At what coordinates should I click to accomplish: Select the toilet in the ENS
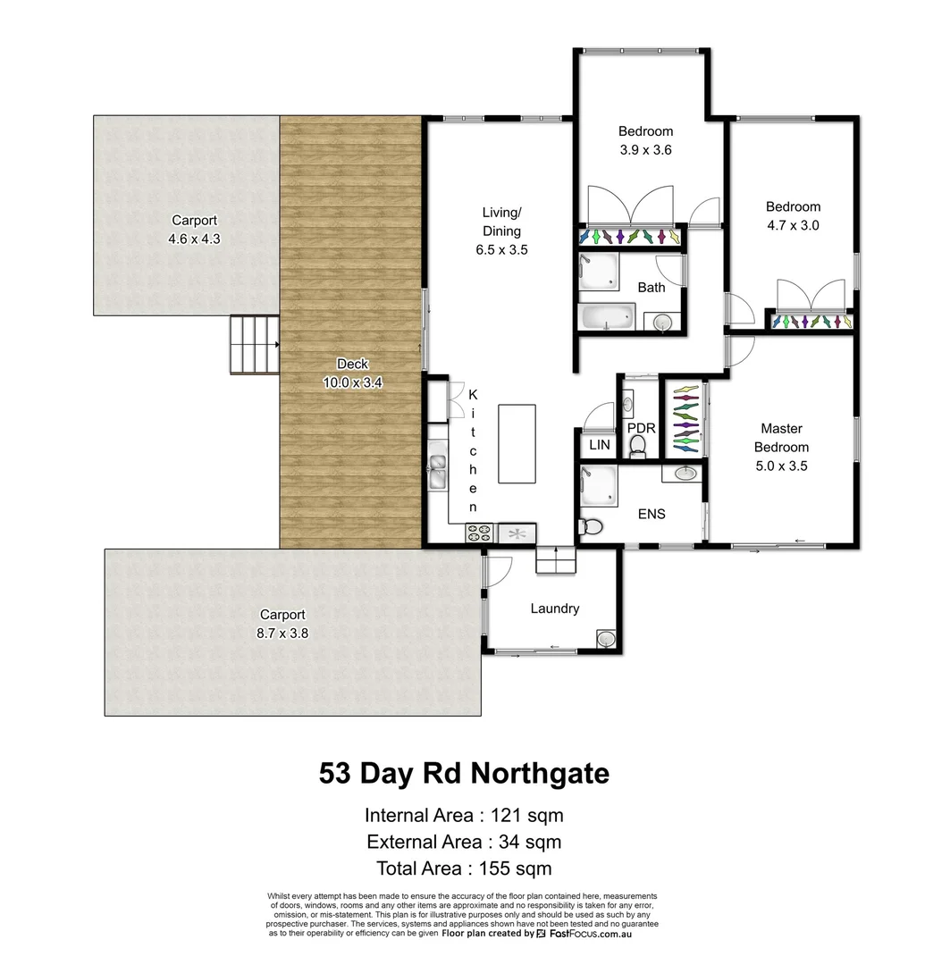click(x=591, y=526)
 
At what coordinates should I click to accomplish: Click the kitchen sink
click(x=437, y=470)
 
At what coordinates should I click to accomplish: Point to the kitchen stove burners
click(x=479, y=533)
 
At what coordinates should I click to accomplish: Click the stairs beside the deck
click(x=255, y=345)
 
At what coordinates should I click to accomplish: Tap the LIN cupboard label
click(x=599, y=445)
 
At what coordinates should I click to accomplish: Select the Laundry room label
click(x=554, y=608)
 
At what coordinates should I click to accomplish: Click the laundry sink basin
click(x=606, y=639)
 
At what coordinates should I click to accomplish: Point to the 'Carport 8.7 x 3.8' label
click(x=282, y=624)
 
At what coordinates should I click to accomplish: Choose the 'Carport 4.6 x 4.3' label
click(x=194, y=230)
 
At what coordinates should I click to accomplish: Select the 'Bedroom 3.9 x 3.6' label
click(x=645, y=141)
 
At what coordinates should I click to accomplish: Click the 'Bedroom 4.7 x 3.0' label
click(x=793, y=216)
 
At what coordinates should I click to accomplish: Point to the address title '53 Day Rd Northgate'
click(x=464, y=773)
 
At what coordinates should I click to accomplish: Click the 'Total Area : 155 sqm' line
click(x=463, y=868)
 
